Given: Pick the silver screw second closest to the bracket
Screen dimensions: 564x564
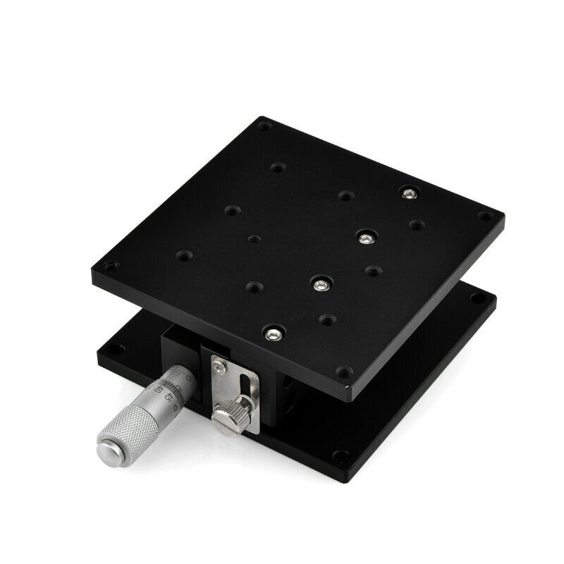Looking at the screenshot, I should pos(321,285).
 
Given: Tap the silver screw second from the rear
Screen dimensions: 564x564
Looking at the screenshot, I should pos(364,238).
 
